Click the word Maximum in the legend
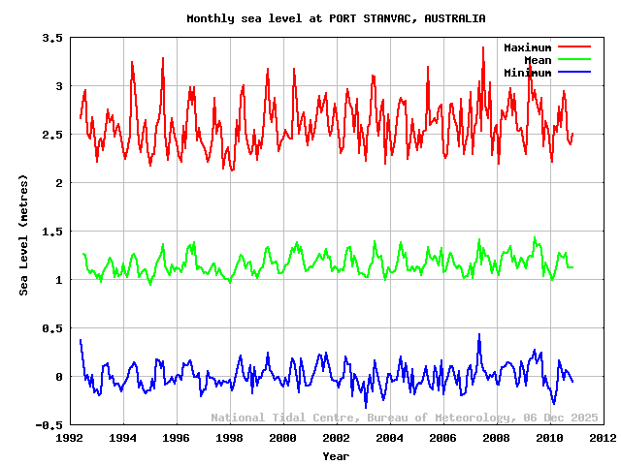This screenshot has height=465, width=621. pyautogui.click(x=527, y=47)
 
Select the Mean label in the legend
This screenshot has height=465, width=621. pyautogui.click(x=538, y=60)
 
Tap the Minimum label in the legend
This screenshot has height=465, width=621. pyautogui.click(x=527, y=73)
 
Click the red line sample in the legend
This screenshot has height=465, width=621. pyautogui.click(x=573, y=47)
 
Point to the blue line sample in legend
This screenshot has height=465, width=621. pyautogui.click(x=573, y=73)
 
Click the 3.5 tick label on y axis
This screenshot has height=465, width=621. pyautogui.click(x=52, y=38)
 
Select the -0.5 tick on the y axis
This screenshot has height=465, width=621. pyautogui.click(x=49, y=425)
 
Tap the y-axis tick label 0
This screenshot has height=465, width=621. pyautogui.click(x=59, y=377)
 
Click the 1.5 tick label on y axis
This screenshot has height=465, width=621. pyautogui.click(x=52, y=232)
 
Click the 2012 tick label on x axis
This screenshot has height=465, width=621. pyautogui.click(x=603, y=438)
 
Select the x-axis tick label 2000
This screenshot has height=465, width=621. pyautogui.click(x=282, y=438)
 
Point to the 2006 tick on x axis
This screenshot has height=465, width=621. pyautogui.click(x=442, y=438)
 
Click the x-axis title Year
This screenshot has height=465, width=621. pyautogui.click(x=336, y=455)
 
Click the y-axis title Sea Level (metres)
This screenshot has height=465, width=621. pyautogui.click(x=24, y=234)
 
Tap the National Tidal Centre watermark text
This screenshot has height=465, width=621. pyautogui.click(x=286, y=418)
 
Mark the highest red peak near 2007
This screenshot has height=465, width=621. pyautogui.click(x=483, y=47)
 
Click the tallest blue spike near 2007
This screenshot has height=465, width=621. pyautogui.click(x=478, y=334)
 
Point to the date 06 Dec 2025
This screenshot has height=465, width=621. pyautogui.click(x=560, y=418)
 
